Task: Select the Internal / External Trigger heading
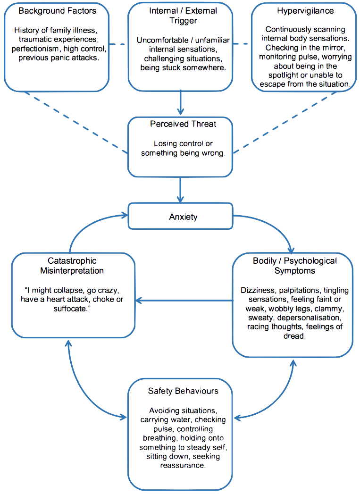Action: [x=180, y=15]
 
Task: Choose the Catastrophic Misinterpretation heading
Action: [x=73, y=266]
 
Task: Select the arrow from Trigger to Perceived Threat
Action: [x=180, y=103]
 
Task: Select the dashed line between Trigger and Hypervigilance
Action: [x=241, y=45]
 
